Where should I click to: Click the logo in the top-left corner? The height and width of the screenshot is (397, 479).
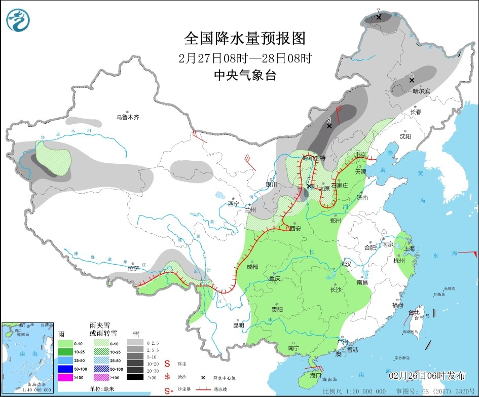(18, 20)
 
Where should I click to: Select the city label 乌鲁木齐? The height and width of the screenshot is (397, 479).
(127, 117)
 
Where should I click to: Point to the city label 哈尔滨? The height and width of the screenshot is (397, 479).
(421, 91)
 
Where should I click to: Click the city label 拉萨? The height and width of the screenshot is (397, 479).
(133, 269)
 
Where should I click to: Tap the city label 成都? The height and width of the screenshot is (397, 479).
(252, 267)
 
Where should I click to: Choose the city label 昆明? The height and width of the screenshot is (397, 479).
(238, 325)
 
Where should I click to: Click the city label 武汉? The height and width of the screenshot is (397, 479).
(345, 264)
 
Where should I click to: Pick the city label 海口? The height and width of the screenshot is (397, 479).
(315, 375)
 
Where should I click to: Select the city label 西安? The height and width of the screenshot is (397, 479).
(295, 229)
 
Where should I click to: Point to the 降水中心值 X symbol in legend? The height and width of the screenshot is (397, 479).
(203, 378)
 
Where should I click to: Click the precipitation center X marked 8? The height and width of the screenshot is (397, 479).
(329, 126)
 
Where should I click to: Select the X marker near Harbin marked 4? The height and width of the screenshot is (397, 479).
(412, 80)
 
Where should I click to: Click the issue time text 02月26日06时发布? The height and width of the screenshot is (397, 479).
(427, 376)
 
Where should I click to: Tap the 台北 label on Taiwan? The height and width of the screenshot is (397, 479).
(414, 312)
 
